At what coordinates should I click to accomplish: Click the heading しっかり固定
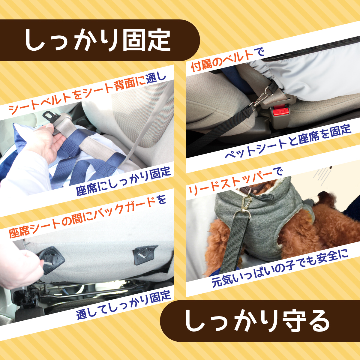(98, 40)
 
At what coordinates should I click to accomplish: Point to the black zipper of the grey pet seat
(312, 50)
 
